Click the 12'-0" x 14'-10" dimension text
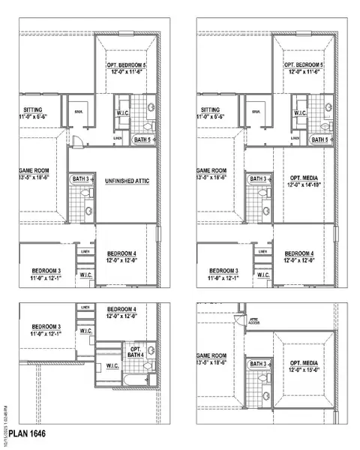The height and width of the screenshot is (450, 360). (304, 184)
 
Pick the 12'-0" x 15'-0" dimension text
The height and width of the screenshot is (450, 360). (305, 369)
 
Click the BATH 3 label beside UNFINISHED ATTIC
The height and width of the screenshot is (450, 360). (81, 178)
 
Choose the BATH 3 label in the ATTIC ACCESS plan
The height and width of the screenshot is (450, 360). (257, 364)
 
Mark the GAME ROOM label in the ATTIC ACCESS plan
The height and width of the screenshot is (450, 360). (211, 355)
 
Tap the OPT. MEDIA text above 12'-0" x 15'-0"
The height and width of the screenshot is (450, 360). (305, 361)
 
